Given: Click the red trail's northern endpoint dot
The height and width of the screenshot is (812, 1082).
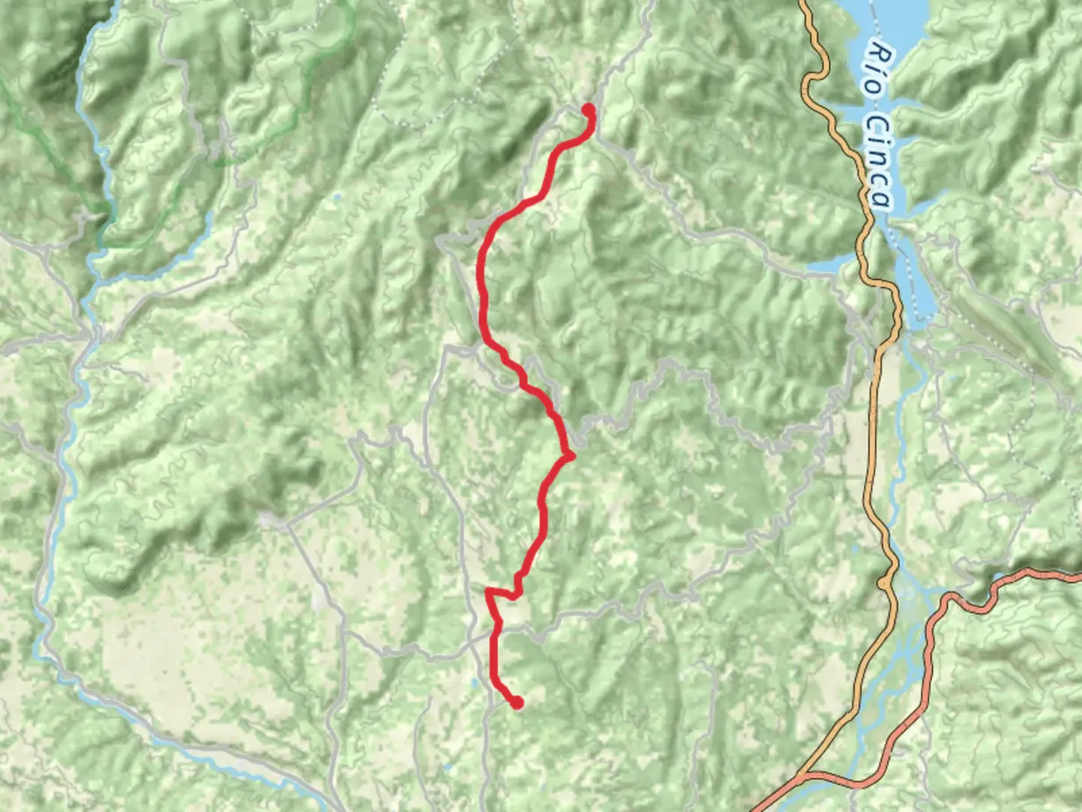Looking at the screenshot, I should point(588,111).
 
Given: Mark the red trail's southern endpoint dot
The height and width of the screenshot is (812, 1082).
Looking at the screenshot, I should point(517,702).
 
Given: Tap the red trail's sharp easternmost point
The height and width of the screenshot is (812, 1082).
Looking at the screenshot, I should point(573,456).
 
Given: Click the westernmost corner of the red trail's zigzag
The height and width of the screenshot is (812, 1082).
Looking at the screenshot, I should point(488,592).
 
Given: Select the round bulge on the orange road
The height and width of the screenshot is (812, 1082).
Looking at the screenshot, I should point(885,583).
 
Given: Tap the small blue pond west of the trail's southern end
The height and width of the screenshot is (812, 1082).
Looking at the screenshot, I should point(473,684).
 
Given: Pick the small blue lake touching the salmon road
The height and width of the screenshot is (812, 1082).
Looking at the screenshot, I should point(999,578).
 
